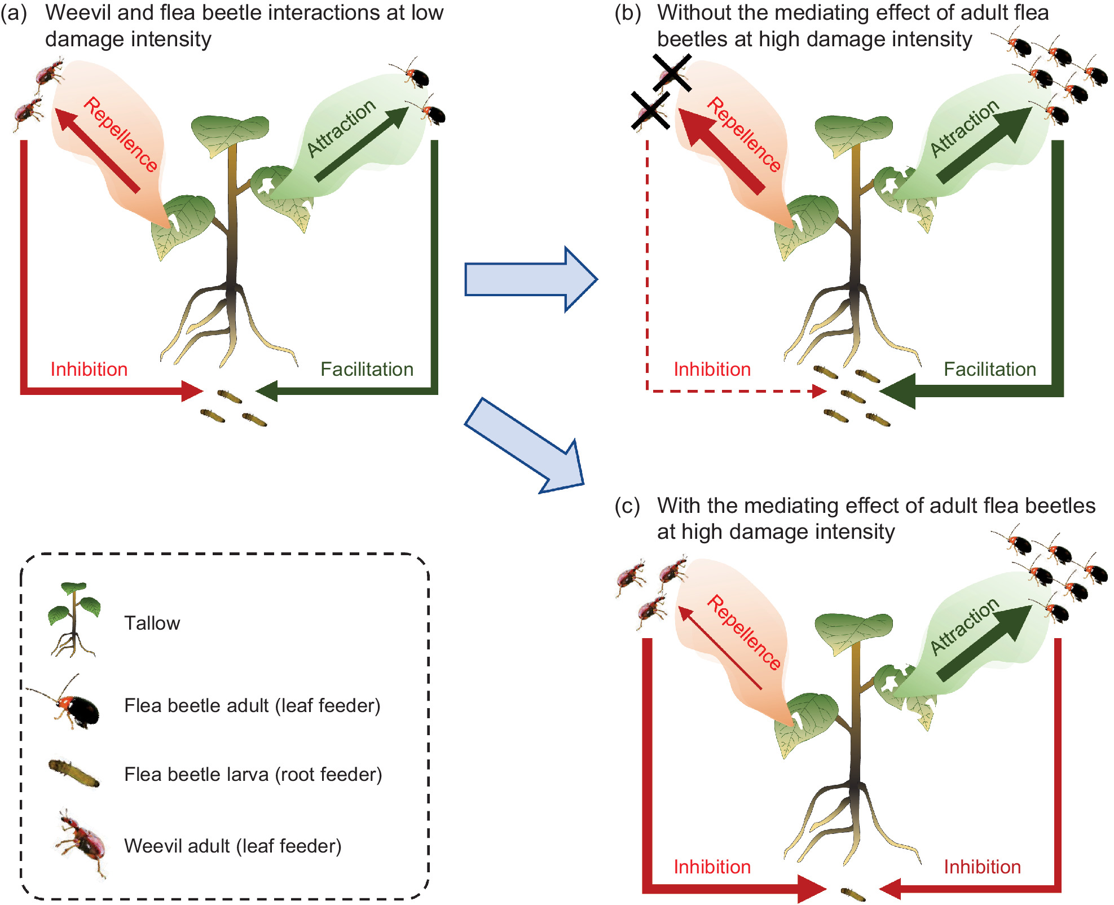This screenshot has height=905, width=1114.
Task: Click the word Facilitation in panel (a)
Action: click(x=367, y=369)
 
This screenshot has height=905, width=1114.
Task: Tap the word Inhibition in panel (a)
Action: click(x=89, y=369)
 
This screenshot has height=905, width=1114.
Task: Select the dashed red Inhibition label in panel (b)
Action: click(x=712, y=369)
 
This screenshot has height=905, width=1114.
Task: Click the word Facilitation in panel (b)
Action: click(x=989, y=369)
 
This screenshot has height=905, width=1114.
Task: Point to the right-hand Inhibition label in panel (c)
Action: click(x=982, y=867)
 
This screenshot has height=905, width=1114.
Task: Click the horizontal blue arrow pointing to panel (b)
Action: click(x=530, y=279)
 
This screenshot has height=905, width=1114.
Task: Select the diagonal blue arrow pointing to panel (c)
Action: click(x=525, y=446)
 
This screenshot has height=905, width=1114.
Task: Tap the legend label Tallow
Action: click(x=152, y=623)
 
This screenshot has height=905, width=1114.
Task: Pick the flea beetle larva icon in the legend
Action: click(x=74, y=774)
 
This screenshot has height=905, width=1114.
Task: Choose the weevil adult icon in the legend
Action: click(x=82, y=844)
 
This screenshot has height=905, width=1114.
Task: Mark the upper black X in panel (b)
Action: click(x=672, y=73)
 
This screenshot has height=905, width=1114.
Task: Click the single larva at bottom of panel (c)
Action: click(x=852, y=894)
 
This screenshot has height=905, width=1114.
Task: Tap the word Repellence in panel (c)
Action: click(x=743, y=632)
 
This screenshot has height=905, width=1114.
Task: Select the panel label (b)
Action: click(x=627, y=13)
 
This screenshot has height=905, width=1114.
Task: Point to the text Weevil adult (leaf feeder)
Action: click(x=232, y=846)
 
